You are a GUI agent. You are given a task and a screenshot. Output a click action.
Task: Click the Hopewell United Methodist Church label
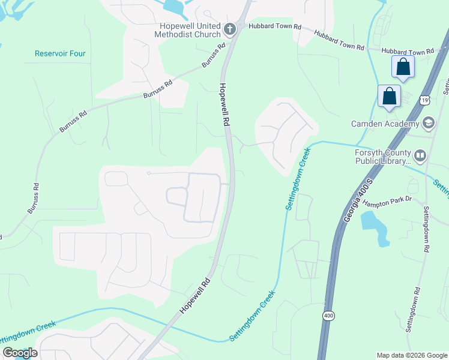[190, 30]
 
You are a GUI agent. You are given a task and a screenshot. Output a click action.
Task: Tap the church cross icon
[229, 29]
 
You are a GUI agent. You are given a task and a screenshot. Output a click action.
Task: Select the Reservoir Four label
[60, 53]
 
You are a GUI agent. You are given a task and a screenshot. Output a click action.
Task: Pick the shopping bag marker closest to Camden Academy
[389, 96]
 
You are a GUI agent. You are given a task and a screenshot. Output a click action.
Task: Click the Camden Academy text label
[385, 124]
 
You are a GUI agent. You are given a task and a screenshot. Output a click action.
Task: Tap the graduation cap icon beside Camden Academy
[428, 124]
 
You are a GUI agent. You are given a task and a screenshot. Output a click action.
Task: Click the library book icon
[420, 157]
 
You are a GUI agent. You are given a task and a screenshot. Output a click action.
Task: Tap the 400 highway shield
[328, 316]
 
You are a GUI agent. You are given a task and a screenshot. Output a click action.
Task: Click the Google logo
[20, 353]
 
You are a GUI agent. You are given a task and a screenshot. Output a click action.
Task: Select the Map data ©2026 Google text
[411, 355]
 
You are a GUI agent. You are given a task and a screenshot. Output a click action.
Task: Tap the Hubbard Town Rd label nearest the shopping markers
[408, 52]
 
